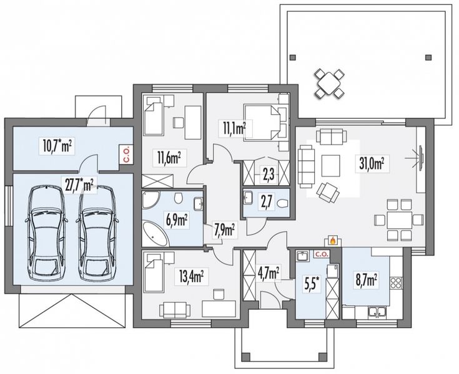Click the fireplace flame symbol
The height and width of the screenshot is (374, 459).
(x=332, y=241)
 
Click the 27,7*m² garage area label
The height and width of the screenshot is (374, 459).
(x=79, y=185)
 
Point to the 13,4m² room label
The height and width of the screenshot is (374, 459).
(x=192, y=276)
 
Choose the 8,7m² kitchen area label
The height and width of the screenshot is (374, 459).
(x=365, y=281)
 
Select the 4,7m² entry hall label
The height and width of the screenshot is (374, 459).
(x=268, y=274)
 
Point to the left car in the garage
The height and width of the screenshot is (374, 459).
(x=46, y=233)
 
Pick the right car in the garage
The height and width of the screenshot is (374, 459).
(x=97, y=233)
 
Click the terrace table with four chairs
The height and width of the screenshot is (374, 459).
(x=329, y=84)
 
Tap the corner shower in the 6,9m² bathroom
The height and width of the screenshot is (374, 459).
(x=150, y=199)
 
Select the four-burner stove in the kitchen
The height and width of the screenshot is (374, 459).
(x=396, y=282)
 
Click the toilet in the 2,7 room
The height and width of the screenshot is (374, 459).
(x=283, y=203)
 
